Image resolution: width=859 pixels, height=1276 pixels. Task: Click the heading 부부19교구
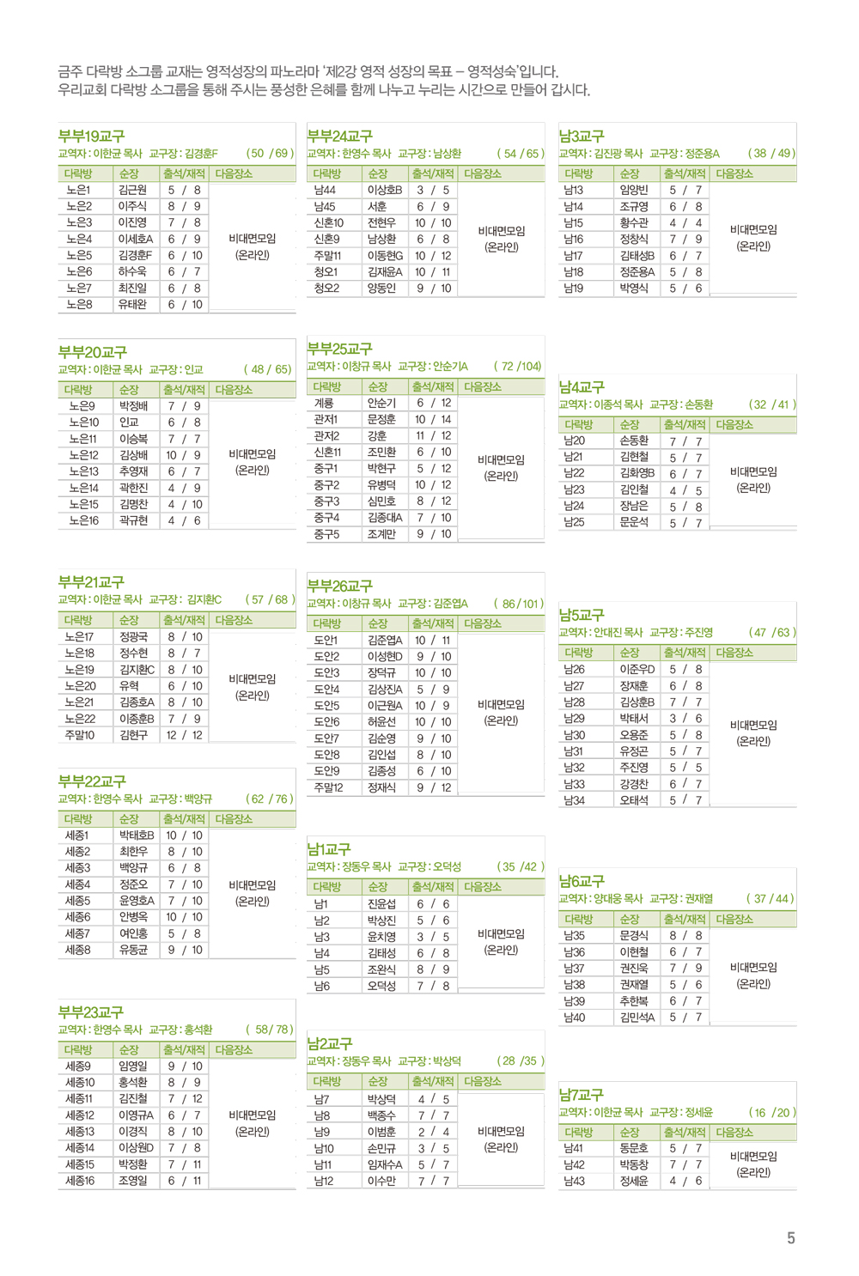coord(91,137)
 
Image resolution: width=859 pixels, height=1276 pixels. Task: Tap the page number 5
coord(790,1237)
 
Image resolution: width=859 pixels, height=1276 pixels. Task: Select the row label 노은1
coord(78,190)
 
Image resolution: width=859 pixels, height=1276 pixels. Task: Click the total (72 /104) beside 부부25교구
coord(517,366)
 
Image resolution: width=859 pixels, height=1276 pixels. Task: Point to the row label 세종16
coord(80,1181)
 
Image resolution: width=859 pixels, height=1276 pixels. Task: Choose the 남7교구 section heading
coord(581,1095)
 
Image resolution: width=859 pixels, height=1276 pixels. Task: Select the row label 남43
coord(573,1181)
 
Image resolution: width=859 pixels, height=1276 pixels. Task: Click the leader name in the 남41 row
coord(633,1148)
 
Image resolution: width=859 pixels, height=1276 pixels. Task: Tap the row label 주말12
coord(328,787)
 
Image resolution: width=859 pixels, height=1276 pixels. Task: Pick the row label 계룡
coord(324,403)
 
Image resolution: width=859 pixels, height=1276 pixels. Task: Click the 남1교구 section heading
coord(329,849)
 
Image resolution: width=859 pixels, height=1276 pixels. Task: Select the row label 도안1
coord(326,640)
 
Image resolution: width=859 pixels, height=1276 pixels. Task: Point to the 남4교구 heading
coord(581,387)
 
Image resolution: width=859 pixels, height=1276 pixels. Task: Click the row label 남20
coord(574,441)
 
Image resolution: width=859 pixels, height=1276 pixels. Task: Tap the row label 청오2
coord(326,289)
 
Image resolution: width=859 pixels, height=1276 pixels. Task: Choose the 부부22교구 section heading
coord(91,781)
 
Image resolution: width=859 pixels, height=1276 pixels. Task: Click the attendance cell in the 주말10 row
coord(184,735)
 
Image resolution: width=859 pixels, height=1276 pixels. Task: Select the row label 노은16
coord(83,520)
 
